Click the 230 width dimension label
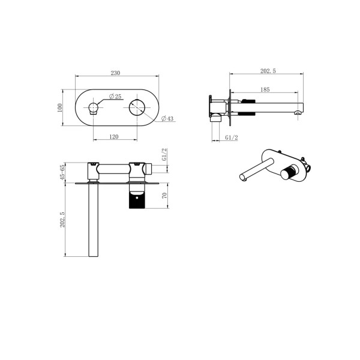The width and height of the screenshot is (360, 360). tap(116, 73)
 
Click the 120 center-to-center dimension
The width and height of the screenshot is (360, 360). tap(114, 136)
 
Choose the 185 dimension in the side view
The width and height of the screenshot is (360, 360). tap(265, 89)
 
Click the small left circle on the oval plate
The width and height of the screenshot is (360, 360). tap(94, 108)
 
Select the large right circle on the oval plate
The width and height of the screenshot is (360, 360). tap(137, 108)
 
